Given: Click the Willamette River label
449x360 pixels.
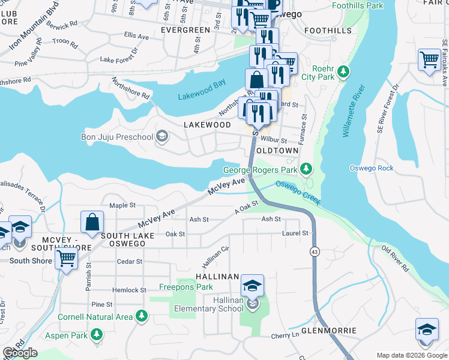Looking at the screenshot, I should coord(354,111).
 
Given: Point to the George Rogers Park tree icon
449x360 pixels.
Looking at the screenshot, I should coord(307,169).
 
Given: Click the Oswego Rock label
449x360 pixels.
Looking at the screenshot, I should coord(372,168).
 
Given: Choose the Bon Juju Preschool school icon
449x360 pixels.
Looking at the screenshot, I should coord(161,137).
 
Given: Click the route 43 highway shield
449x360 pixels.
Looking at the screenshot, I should coord(315,250).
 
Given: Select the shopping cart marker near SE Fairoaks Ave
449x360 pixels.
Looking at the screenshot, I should coord(428,61).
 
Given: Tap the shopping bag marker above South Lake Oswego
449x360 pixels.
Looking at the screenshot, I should coord(94,221).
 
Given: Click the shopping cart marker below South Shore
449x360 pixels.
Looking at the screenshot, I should coord(66,259).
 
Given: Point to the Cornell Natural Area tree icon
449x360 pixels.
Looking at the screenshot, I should coord(141,316).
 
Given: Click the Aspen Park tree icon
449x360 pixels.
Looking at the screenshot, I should coord(95,334).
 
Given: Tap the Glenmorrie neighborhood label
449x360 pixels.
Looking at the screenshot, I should coord(329,331).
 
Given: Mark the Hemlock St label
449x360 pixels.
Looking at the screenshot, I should coord(129,290).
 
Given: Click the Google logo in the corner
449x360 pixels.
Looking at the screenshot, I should coord(20,353).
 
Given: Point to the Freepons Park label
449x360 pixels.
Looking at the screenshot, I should coord(187,287).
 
